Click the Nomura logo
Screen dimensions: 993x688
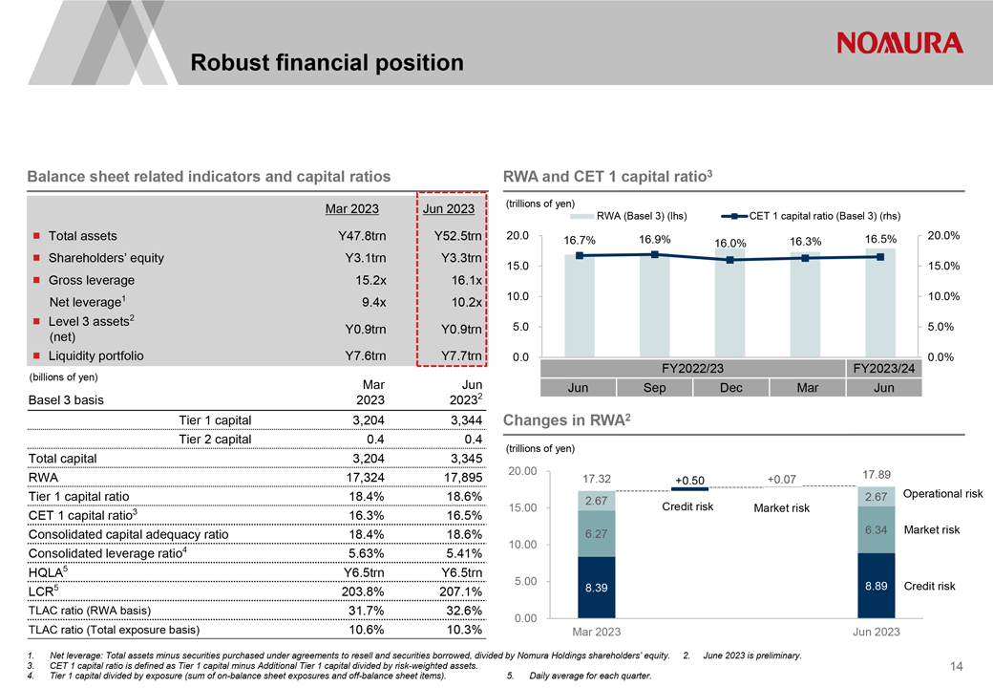tap(899, 43)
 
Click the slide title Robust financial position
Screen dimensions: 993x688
tap(327, 63)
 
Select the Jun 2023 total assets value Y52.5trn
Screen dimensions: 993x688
tap(458, 236)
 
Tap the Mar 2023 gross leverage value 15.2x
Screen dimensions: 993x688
tap(370, 280)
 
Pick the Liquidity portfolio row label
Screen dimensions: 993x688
tap(96, 356)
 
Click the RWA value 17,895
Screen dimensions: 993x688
tap(463, 478)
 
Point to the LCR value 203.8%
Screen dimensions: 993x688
tap(363, 591)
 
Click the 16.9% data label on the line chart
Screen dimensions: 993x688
tap(655, 240)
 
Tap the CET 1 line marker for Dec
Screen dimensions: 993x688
tap(730, 260)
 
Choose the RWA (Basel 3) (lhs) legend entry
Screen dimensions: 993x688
tap(628, 216)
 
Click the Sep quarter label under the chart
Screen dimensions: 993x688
tap(654, 388)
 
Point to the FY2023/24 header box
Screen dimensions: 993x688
tap(884, 369)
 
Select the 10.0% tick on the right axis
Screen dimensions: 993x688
tap(943, 296)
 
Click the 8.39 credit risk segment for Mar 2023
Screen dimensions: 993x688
tap(597, 588)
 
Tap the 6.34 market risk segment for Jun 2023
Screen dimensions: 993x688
tap(877, 529)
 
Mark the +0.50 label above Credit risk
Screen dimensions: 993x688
tap(689, 481)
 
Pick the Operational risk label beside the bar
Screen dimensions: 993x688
tap(943, 493)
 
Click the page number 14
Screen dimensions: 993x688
tap(957, 666)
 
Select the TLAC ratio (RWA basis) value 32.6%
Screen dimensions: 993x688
tap(464, 611)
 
